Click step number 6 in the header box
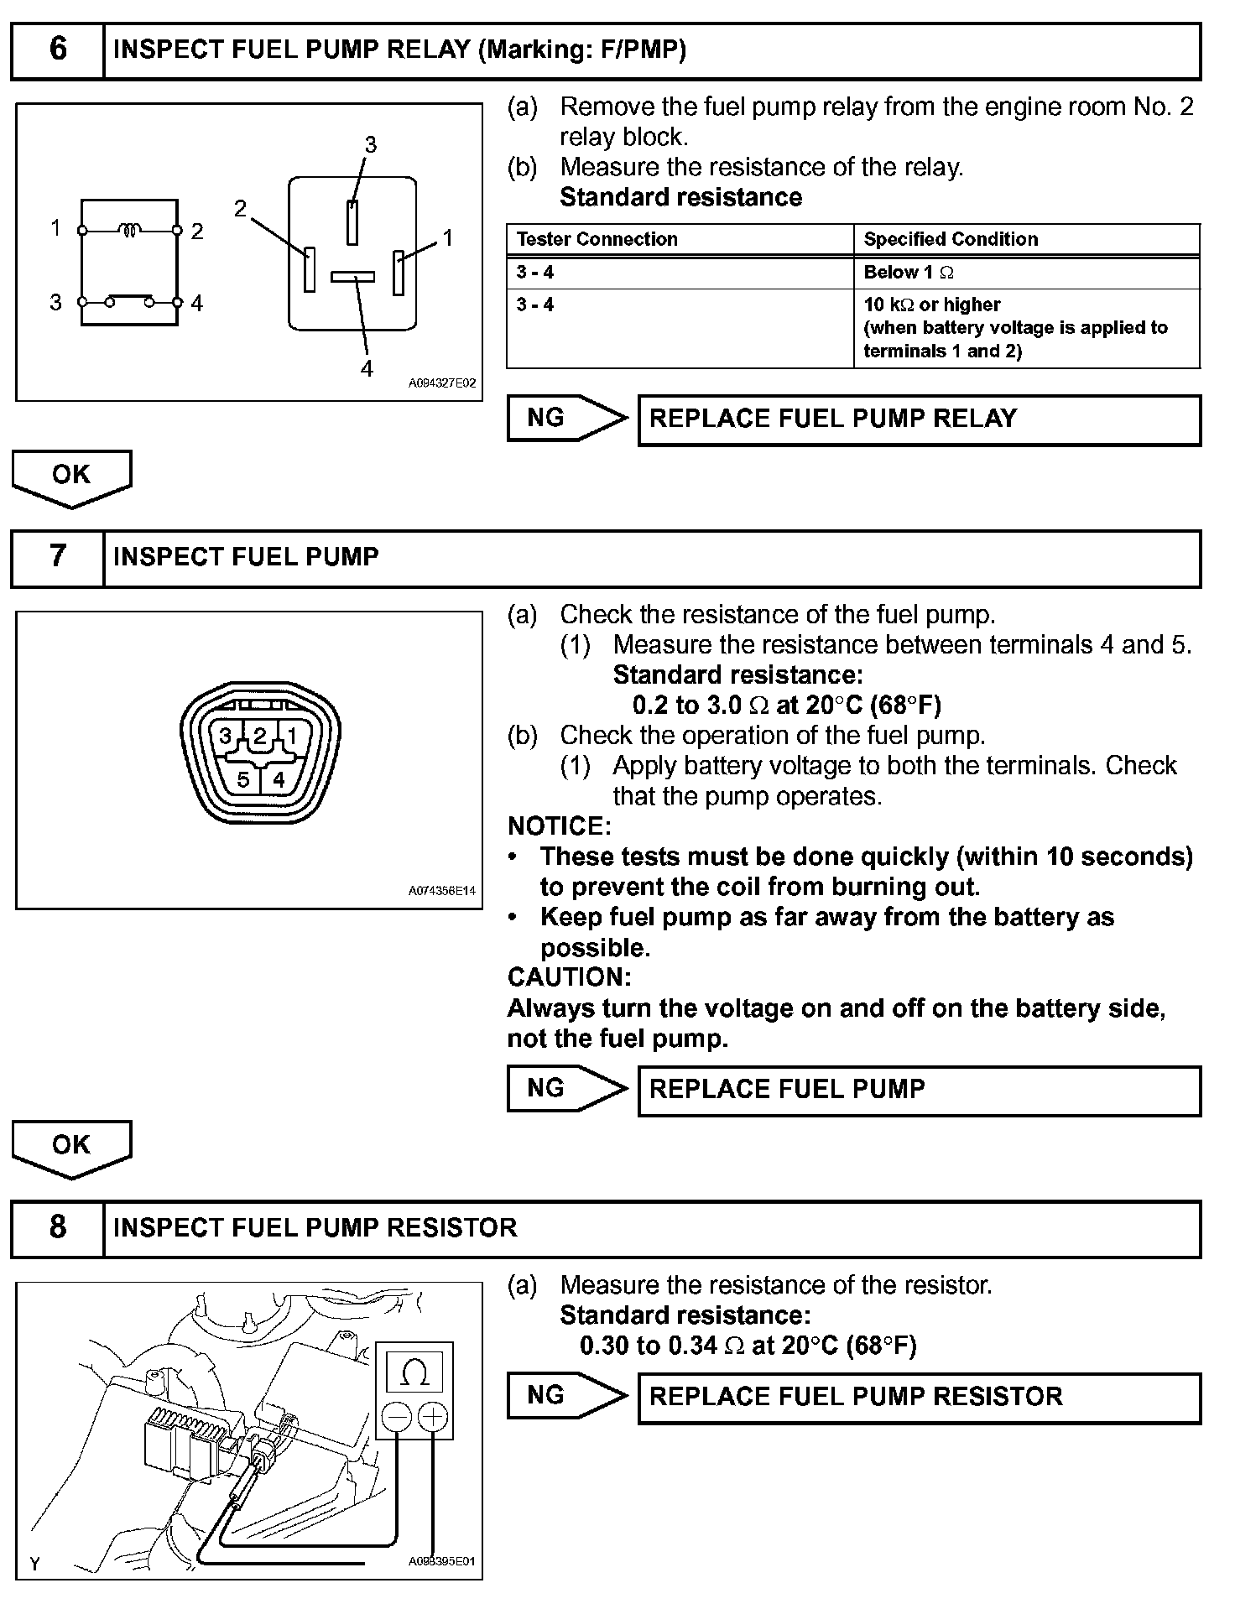click(x=58, y=49)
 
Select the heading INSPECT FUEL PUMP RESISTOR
click(x=315, y=1228)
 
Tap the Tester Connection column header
click(x=597, y=239)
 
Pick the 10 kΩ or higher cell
click(x=931, y=305)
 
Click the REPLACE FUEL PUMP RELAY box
click(x=919, y=419)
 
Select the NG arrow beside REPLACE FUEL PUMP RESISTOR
click(x=566, y=1396)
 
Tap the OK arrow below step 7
click(x=71, y=1147)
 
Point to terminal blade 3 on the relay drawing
click(x=352, y=221)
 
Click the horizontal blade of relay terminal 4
click(x=352, y=276)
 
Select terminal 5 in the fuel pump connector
click(x=243, y=780)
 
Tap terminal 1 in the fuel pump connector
click(x=292, y=737)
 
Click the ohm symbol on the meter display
click(x=414, y=1373)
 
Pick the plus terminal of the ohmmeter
click(x=432, y=1418)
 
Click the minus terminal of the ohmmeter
click(x=396, y=1418)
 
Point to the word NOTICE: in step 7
click(x=560, y=826)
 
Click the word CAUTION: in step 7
click(x=569, y=977)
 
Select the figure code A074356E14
click(x=442, y=891)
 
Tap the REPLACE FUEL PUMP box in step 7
click(x=919, y=1090)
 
